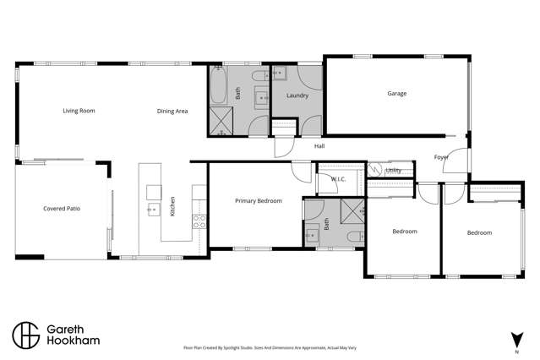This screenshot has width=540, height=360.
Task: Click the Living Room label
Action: [x=78, y=111]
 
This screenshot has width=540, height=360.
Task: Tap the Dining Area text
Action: [x=172, y=111]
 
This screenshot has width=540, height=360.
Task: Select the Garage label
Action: [x=396, y=94]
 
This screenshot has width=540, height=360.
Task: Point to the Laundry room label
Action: [x=297, y=95]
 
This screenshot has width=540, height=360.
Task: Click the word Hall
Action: [x=319, y=146]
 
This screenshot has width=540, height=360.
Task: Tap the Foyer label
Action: [x=440, y=157]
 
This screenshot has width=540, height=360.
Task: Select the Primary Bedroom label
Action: [x=258, y=201]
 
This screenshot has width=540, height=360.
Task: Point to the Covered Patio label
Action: [x=61, y=209]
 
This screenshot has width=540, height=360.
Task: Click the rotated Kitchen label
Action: [x=172, y=206]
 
